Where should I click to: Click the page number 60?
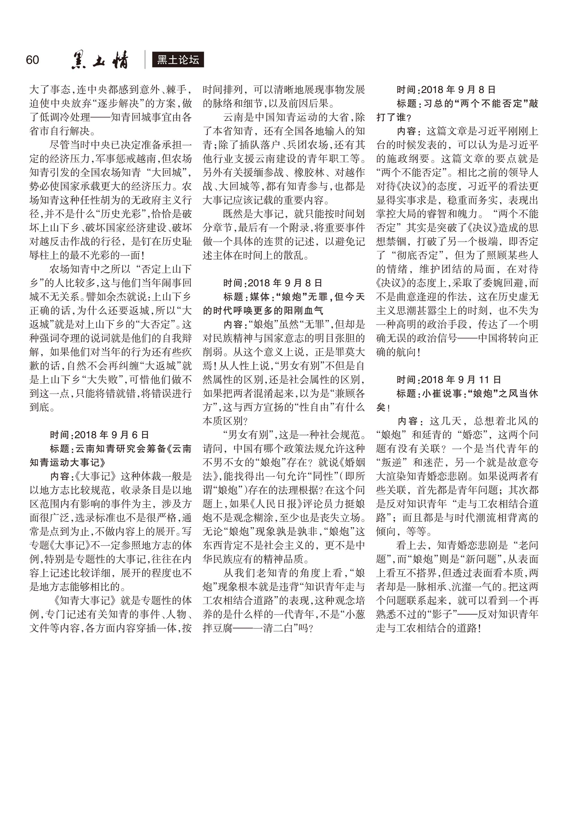[32, 60]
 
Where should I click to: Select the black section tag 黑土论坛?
[178, 60]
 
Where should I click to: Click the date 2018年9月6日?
[112, 435]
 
